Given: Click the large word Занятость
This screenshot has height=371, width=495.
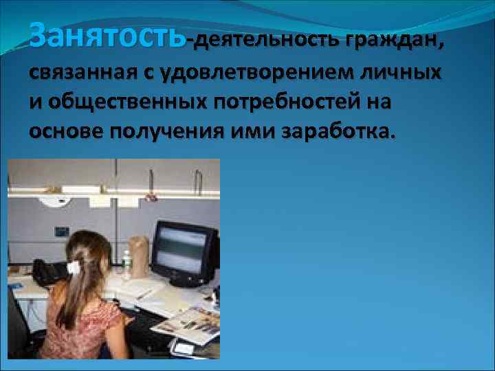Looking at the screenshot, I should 107,34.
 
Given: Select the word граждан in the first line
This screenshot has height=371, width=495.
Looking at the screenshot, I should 388,41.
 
